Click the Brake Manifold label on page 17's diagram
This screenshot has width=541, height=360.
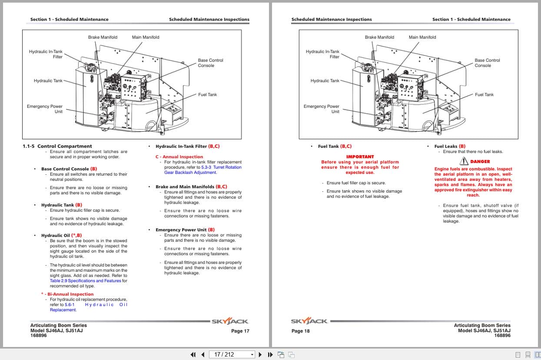(103, 37)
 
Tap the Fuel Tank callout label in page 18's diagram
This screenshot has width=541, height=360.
(485, 95)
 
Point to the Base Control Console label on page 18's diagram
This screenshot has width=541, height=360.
(487, 63)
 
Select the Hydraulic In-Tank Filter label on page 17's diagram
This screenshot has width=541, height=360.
(46, 54)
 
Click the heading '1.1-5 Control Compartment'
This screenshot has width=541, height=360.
(57, 146)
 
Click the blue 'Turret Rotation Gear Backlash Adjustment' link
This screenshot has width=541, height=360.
(202, 170)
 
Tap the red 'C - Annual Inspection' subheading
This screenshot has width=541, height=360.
(179, 157)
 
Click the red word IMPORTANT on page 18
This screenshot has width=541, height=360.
(360, 157)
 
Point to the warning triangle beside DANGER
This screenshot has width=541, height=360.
(464, 161)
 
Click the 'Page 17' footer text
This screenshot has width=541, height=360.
(240, 331)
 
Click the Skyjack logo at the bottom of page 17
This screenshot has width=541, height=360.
(230, 322)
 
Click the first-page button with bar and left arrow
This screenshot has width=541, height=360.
(193, 354)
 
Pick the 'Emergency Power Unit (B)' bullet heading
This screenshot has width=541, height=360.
(185, 230)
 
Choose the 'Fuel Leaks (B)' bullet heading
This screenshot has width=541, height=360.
(450, 147)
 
